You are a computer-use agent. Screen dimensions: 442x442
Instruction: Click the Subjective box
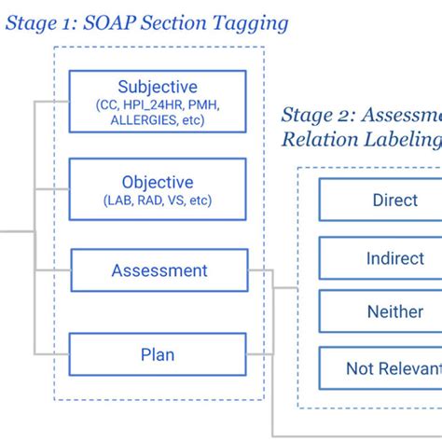click(x=158, y=103)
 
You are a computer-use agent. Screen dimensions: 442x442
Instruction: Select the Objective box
click(x=158, y=188)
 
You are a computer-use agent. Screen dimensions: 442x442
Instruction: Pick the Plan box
click(x=158, y=354)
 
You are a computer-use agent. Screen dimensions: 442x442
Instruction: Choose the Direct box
click(x=380, y=200)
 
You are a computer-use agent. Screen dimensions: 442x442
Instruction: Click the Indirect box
click(x=380, y=258)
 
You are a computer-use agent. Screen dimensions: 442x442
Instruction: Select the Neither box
click(x=380, y=312)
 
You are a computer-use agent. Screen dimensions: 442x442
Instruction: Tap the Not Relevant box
click(x=380, y=368)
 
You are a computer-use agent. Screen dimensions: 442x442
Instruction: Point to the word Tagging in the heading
click(x=253, y=22)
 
